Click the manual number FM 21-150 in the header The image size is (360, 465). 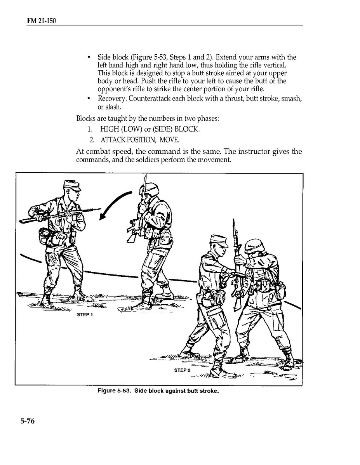(42, 21)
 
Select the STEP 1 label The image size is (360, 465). (85, 315)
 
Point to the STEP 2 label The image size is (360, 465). (182, 370)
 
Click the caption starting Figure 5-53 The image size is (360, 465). (158, 390)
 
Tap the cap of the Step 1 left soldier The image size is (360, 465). (72, 186)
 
